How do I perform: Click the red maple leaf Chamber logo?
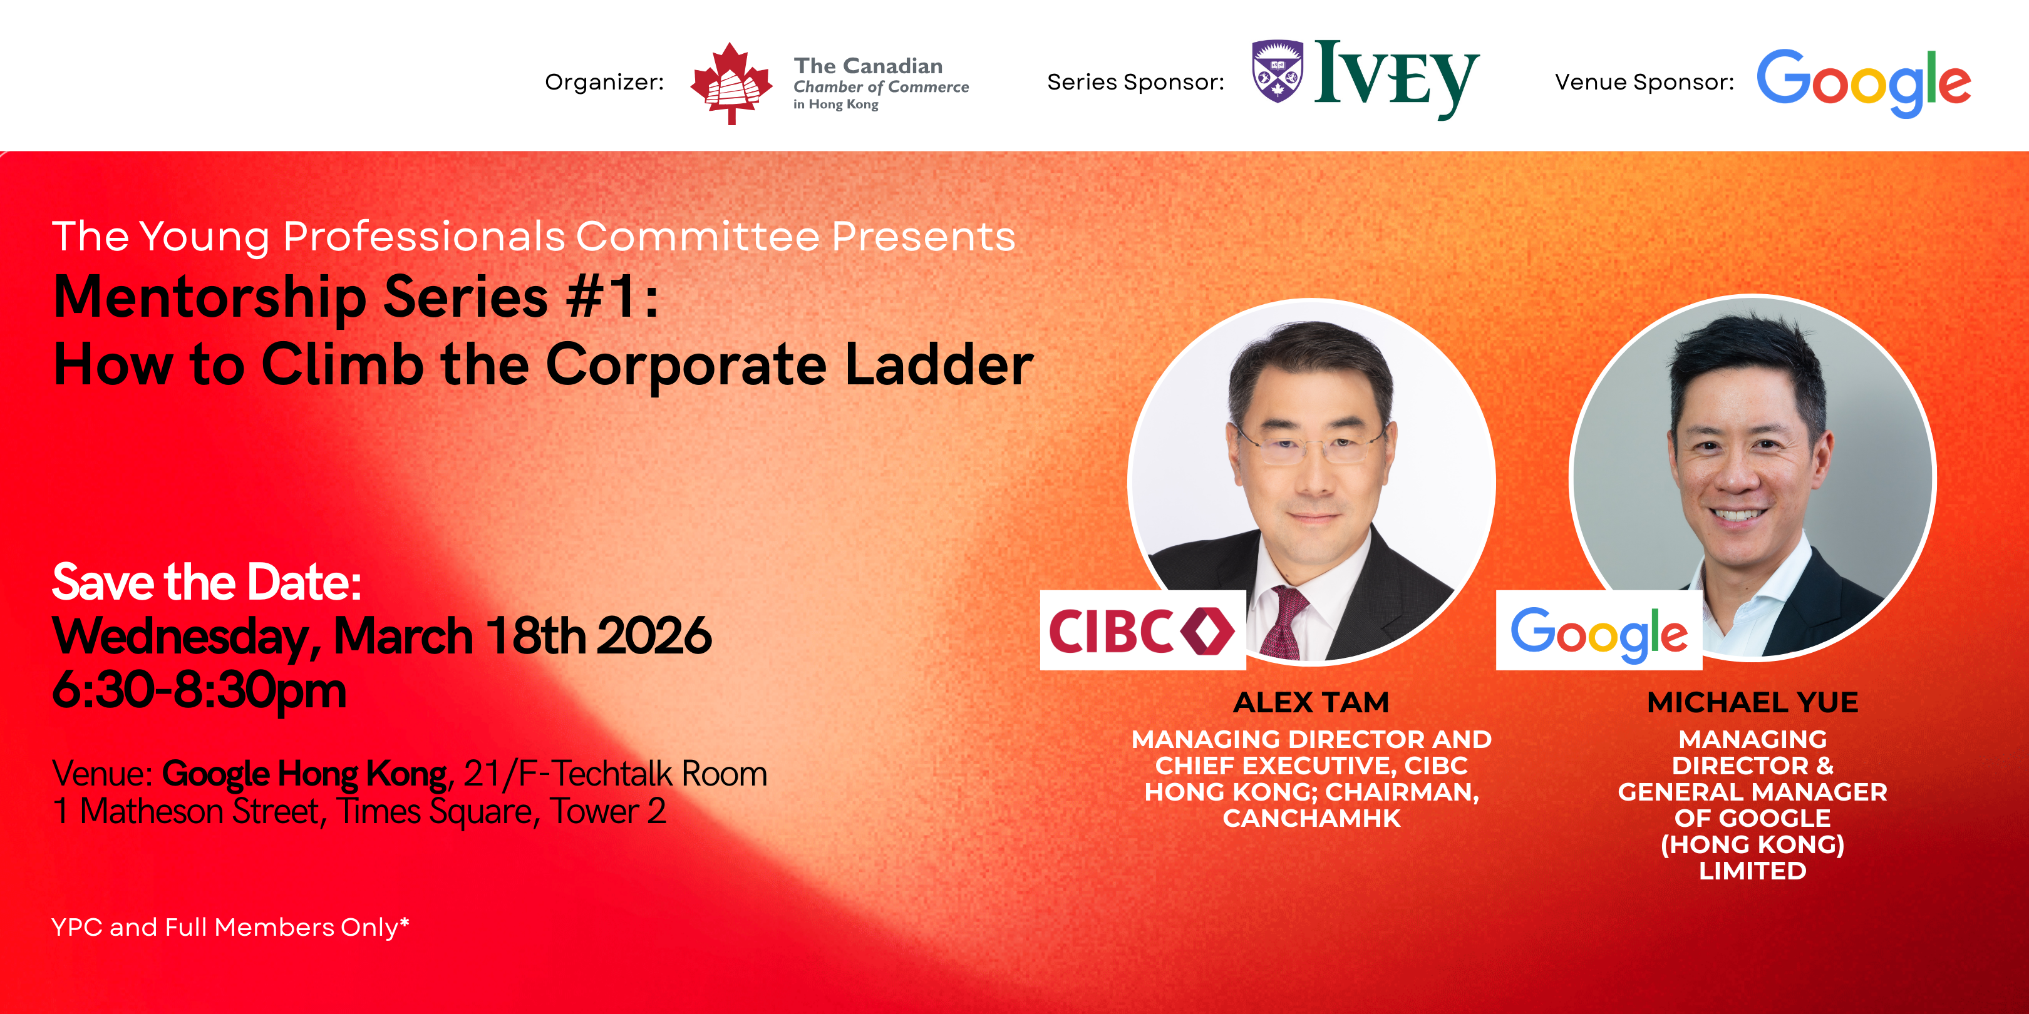(731, 83)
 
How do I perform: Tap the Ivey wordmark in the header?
(1397, 79)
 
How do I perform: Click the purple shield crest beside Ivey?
(1277, 71)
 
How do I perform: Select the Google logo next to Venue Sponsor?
(1864, 83)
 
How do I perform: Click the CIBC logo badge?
(1142, 630)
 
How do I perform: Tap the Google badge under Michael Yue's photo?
(1599, 630)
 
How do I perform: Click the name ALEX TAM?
(1311, 702)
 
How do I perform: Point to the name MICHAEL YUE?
(1753, 702)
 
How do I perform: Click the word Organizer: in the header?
(604, 83)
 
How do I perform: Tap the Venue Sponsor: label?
(1644, 82)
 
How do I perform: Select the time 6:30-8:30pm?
(199, 691)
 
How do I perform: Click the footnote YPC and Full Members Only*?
(230, 928)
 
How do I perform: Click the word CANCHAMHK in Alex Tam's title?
(1311, 819)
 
